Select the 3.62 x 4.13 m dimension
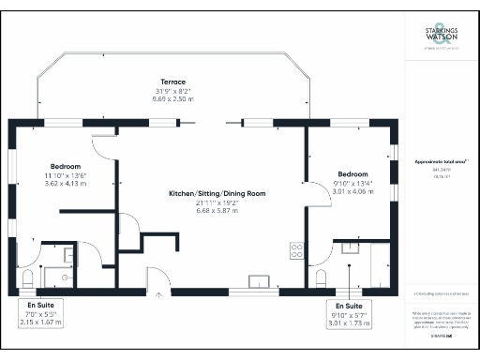point(65,184)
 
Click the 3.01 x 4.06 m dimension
point(352,192)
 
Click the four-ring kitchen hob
point(297,250)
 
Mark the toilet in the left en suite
point(28,277)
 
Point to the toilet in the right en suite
point(322,277)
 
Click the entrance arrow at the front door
point(158,294)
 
